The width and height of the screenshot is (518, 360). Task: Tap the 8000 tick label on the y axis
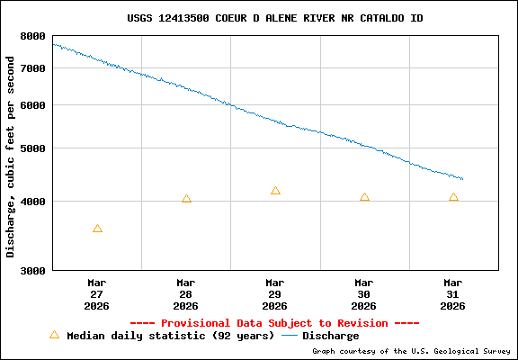click(x=32, y=36)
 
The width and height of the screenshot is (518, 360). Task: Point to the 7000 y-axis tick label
click(x=32, y=68)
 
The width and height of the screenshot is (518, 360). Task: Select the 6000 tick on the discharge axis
click(x=32, y=105)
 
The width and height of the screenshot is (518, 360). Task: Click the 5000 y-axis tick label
click(x=32, y=148)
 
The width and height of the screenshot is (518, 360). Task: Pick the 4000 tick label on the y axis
click(x=32, y=202)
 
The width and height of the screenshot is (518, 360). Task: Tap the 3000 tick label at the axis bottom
click(x=32, y=270)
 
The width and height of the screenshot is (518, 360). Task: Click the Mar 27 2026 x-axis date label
click(x=97, y=294)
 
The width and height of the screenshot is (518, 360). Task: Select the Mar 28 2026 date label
click(x=186, y=294)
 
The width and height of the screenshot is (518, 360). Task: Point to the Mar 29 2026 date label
click(x=275, y=294)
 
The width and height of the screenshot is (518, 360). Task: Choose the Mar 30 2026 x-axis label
click(x=364, y=294)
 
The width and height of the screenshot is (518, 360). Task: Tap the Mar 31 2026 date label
click(x=453, y=294)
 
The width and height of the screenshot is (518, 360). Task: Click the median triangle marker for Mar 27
click(x=97, y=229)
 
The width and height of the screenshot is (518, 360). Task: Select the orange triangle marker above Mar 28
click(x=186, y=199)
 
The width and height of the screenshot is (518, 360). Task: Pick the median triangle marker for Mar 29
click(x=275, y=191)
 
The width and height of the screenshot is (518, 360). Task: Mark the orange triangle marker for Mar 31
click(x=453, y=197)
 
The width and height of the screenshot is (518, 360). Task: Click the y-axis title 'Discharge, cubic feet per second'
click(x=11, y=157)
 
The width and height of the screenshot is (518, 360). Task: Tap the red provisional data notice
click(x=275, y=322)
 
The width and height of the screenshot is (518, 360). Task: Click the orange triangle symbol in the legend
click(x=54, y=335)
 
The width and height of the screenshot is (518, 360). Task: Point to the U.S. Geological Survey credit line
click(x=411, y=351)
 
